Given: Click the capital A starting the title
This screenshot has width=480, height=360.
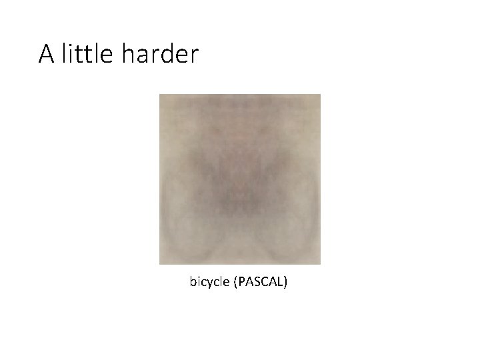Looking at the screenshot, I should tap(47, 54).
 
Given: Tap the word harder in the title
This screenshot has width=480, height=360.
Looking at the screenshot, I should tap(160, 53).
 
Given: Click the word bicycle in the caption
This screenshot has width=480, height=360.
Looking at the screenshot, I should tap(209, 283).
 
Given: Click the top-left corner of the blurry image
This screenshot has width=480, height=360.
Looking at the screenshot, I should tap(160, 95).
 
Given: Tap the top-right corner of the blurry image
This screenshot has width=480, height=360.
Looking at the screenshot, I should tap(320, 95).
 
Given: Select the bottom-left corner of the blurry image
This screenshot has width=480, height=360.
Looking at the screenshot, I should tap(160, 264).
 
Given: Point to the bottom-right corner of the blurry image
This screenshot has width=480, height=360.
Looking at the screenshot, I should tap(320, 264).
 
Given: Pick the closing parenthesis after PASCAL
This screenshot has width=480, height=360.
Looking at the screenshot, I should tap(286, 283).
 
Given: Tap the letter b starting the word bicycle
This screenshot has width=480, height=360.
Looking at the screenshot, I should tap(193, 282).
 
